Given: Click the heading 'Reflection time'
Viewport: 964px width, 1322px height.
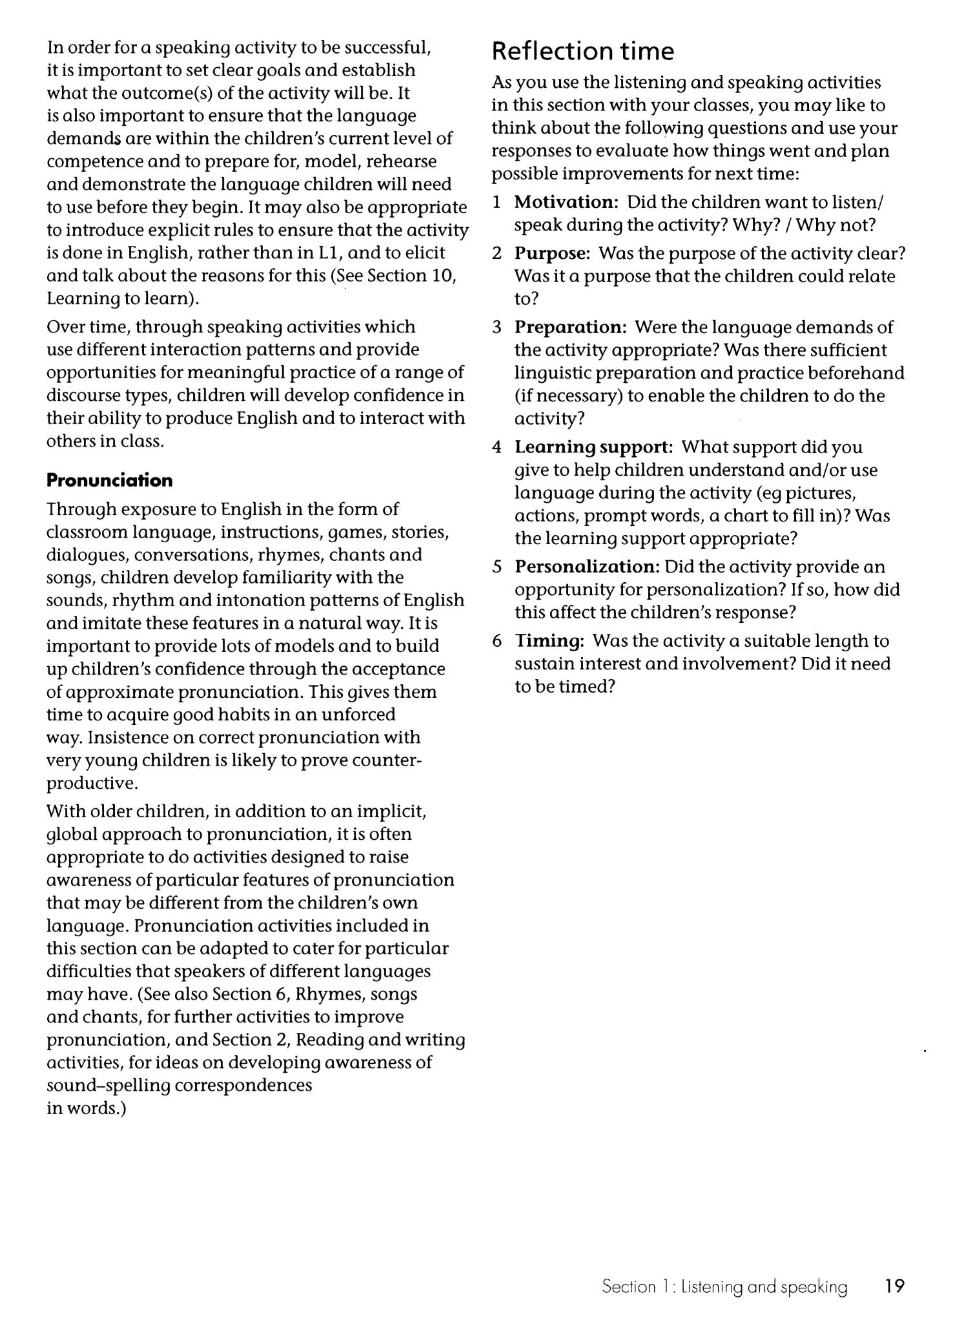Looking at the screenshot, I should point(582,51).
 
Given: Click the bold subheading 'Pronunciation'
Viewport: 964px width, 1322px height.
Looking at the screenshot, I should point(110,480).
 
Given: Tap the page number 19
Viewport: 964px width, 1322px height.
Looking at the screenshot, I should point(894,1286).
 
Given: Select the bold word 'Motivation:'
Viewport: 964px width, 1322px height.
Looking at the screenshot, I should point(566,203).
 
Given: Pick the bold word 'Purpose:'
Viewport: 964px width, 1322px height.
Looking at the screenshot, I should point(552,254).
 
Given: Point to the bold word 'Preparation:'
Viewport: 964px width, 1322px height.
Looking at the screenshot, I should point(570,327).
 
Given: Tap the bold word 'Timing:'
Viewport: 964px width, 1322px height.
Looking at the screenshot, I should point(549,641).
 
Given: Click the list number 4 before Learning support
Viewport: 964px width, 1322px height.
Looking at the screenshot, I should point(497,447).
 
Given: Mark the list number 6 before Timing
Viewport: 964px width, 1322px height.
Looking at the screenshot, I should point(497,641).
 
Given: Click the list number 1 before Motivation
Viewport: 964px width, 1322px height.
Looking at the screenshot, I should point(497,203).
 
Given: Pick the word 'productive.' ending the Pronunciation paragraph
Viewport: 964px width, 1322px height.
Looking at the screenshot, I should point(92,784).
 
